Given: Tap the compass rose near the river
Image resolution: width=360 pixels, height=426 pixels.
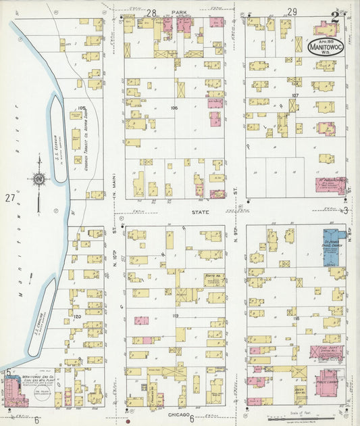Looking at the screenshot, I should coord(38,179).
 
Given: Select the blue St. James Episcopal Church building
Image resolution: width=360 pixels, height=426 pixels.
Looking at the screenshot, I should coord(331,247).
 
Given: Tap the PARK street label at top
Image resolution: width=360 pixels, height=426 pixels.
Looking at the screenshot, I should coord(178,12).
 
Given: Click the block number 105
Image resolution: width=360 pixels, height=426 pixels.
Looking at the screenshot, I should coord(82,108).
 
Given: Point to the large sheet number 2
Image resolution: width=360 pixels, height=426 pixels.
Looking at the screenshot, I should coord(334,18).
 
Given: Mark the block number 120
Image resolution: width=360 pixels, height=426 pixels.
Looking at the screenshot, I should coord(78,316).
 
